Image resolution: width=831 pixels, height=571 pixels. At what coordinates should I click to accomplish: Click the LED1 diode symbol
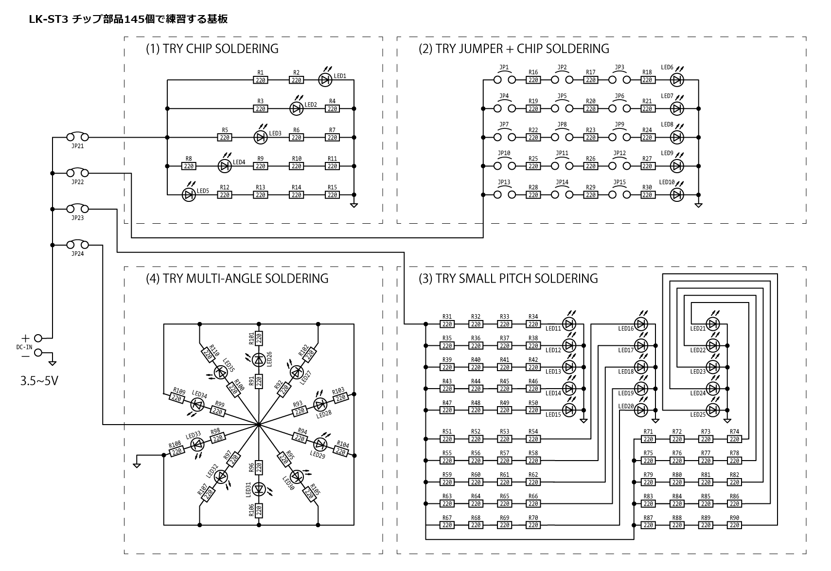pyautogui.click(x=325, y=80)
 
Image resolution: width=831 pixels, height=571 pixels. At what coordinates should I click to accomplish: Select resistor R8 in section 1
pyautogui.click(x=189, y=166)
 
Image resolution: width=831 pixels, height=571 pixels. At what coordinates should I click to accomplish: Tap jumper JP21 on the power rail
pyautogui.click(x=77, y=137)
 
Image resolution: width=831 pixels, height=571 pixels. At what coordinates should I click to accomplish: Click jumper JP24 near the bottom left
pyautogui.click(x=77, y=245)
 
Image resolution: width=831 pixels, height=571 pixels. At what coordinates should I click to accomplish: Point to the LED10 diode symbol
pyautogui.click(x=676, y=195)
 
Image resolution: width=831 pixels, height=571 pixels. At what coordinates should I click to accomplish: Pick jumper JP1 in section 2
pyautogui.click(x=504, y=80)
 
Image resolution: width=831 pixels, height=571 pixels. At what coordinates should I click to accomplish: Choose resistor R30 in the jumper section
pyautogui.click(x=647, y=195)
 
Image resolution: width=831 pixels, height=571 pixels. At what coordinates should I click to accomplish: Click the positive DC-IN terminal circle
pyautogui.click(x=38, y=338)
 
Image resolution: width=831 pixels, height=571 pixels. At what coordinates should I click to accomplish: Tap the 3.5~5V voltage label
pyautogui.click(x=39, y=381)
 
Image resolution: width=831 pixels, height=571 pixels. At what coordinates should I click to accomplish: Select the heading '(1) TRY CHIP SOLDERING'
pyautogui.click(x=212, y=49)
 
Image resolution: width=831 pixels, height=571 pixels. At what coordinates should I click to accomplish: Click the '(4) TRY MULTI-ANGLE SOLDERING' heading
pyautogui.click(x=237, y=279)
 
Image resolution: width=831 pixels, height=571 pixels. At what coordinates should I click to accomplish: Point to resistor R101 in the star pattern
pyautogui.click(x=259, y=338)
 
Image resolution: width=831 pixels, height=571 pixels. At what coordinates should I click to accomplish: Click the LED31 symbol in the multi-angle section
pyautogui.click(x=259, y=489)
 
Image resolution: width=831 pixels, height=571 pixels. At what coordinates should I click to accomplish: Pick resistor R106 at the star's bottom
pyautogui.click(x=259, y=510)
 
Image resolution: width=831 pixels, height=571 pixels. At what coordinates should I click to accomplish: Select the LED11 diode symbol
pyautogui.click(x=569, y=323)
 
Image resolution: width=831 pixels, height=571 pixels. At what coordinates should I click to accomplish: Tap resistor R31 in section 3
pyautogui.click(x=447, y=324)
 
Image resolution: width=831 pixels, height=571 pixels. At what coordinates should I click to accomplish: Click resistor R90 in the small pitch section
pyautogui.click(x=734, y=525)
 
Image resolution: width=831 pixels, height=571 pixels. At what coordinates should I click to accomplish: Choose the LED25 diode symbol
pyautogui.click(x=713, y=410)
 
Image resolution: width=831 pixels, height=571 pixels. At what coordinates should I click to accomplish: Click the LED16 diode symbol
pyautogui.click(x=641, y=323)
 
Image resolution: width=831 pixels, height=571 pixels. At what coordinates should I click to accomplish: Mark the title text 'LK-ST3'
pyautogui.click(x=48, y=19)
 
